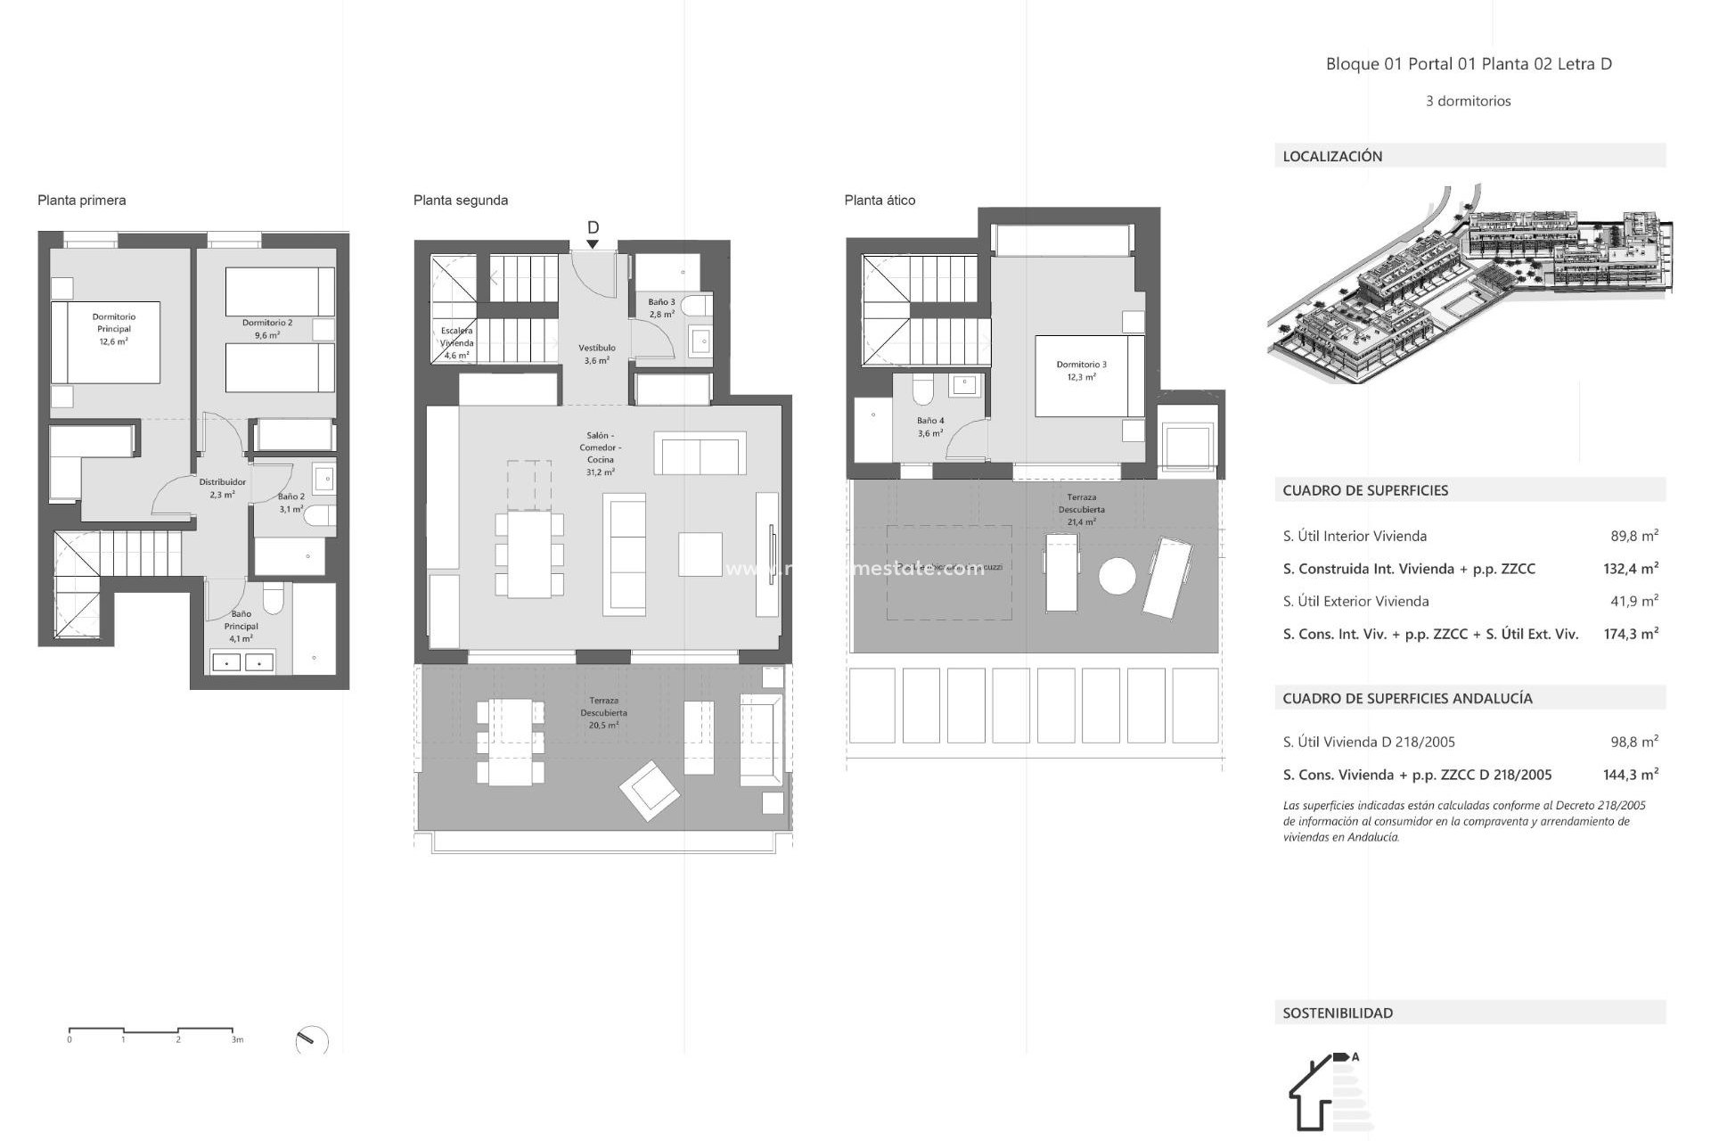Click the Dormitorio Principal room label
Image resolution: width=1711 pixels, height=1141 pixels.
point(114,329)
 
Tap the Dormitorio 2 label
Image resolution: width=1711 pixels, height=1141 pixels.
point(267,329)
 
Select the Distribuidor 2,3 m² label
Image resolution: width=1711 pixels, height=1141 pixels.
point(222,488)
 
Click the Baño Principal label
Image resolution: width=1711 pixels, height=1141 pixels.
point(241,626)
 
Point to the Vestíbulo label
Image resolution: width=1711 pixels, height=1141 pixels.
point(597,354)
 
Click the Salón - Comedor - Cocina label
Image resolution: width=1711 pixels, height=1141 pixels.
point(601,454)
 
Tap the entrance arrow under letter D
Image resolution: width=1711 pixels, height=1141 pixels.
point(593,244)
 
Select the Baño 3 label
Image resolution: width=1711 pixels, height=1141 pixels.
point(661,308)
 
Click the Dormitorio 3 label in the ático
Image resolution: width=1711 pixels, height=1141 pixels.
point(1081,370)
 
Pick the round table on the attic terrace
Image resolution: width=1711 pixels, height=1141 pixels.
point(1117,576)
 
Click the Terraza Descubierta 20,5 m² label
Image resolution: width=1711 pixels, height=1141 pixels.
point(603,712)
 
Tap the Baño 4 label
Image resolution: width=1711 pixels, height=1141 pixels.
point(930,427)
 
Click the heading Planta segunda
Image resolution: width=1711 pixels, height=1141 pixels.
point(460,201)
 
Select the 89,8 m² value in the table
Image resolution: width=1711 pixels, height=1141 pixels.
point(1633,536)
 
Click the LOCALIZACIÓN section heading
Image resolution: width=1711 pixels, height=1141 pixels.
point(1332,156)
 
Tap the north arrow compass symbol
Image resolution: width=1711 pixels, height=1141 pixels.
point(311,1040)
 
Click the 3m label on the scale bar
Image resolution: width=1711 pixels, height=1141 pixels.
point(237,1039)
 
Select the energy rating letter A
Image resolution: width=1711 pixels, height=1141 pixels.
point(1355,1057)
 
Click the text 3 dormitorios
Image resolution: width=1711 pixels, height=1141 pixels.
point(1468,101)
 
